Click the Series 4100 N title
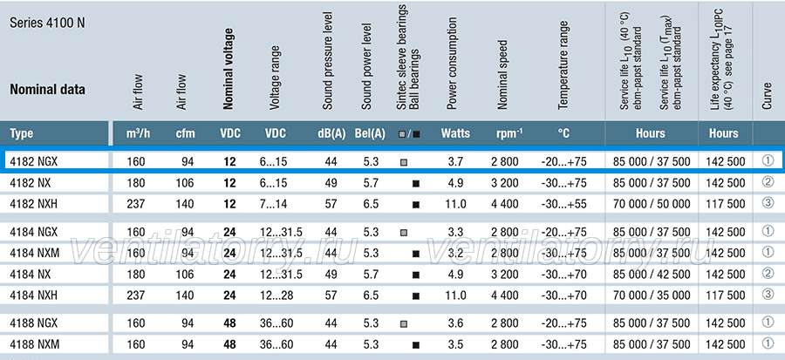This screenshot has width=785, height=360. coord(48,24)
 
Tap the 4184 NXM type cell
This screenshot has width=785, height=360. coord(35,253)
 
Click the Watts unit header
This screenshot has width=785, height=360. coord(455,133)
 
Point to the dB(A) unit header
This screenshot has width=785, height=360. coord(331,133)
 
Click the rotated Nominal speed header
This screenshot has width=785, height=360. coord(502,75)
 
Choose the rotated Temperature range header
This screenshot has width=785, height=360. coord(563,65)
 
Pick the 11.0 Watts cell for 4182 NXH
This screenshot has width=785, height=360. coord(455,204)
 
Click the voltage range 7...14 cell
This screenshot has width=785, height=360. coord(273,204)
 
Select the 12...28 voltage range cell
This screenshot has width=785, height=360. coord(276,295)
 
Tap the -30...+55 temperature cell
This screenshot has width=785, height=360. coord(563,204)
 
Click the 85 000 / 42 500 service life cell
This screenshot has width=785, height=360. coord(652,274)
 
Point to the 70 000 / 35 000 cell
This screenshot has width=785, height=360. coord(652,295)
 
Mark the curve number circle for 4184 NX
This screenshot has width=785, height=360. coord(768,274)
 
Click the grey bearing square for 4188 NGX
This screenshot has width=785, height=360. coord(404,324)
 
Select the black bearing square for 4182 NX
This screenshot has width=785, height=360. coord(415,184)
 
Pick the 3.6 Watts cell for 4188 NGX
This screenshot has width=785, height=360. coord(455,323)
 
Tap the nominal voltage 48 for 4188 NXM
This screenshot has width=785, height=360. coord(229,344)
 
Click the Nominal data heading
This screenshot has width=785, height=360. coord(48,90)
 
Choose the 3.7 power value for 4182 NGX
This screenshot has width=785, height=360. coord(455,161)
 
